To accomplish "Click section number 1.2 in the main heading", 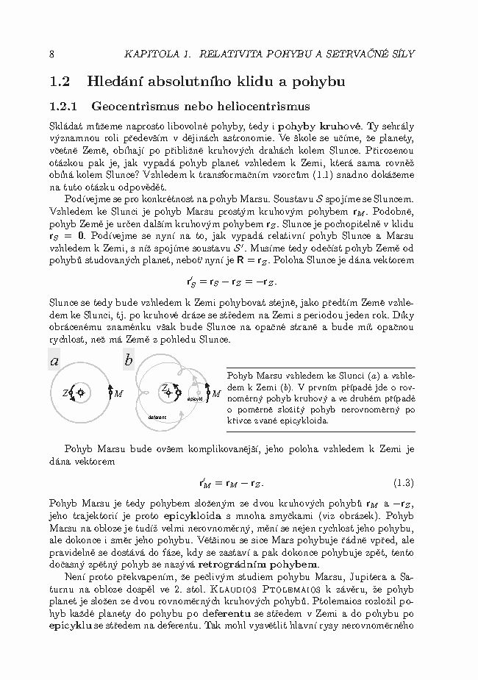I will click(59, 81).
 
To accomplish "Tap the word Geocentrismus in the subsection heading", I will click(131, 106).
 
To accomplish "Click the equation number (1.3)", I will click(404, 483).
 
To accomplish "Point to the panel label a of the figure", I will click(54, 360).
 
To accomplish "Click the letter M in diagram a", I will click(118, 393).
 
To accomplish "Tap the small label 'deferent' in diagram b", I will click(157, 417).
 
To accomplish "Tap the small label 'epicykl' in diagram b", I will click(195, 398).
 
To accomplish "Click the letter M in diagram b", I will click(216, 394).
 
